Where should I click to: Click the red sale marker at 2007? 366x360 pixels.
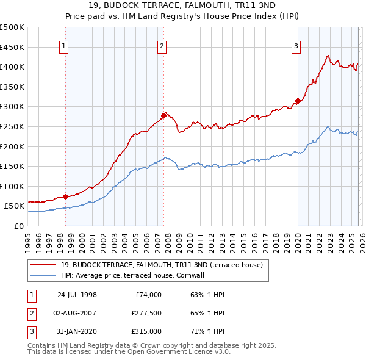163,115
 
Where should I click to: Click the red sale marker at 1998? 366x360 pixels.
66,196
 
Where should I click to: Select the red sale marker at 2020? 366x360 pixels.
298,101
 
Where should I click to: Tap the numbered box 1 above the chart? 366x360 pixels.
64,45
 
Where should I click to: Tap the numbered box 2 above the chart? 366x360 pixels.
162,45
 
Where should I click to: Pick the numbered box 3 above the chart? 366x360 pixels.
296,45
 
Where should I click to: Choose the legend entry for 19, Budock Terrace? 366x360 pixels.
162,265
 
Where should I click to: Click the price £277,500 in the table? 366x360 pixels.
146,313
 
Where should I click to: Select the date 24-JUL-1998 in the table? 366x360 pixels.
77,295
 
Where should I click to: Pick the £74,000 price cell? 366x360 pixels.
148,295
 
